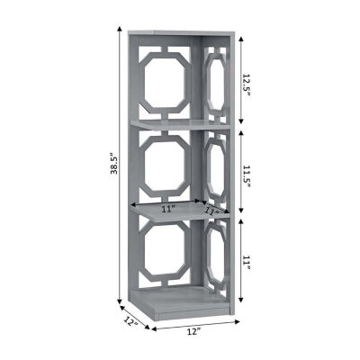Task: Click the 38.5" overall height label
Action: tap(113, 165)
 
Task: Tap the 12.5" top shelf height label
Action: tap(246, 84)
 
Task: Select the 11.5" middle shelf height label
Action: tap(246, 175)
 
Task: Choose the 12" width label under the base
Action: tap(193, 331)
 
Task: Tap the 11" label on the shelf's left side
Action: tap(168, 209)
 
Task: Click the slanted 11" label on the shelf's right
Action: tap(212, 211)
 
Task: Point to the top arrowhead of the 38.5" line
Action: tap(120, 29)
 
